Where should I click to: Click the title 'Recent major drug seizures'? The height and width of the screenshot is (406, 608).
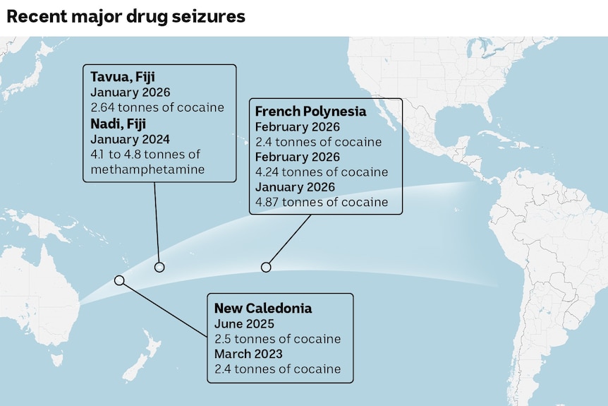[x=126, y=16]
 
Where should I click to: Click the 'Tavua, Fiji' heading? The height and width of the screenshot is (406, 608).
[x=123, y=77]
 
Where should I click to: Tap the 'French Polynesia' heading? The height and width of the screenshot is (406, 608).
[x=310, y=112]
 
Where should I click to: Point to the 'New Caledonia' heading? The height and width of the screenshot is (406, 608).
[x=263, y=308]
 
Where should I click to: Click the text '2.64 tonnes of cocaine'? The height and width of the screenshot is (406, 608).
[x=157, y=108]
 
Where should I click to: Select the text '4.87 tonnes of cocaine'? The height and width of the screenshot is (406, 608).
[x=322, y=202]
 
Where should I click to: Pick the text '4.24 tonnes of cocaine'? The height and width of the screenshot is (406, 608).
[x=322, y=172]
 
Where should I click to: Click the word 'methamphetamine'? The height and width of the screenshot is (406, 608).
[x=147, y=169]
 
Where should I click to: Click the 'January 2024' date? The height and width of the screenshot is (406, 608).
[x=130, y=139]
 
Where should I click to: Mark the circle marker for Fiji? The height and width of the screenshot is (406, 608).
[x=159, y=267]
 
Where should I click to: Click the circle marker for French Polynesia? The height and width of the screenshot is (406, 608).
[x=266, y=267]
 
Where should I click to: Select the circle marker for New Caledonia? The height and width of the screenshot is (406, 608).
[x=119, y=280]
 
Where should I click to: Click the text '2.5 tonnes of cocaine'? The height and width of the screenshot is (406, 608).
[x=277, y=339]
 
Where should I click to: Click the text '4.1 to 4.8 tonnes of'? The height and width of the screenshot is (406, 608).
[x=146, y=155]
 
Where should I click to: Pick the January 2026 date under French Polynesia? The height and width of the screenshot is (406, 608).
[x=295, y=187]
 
